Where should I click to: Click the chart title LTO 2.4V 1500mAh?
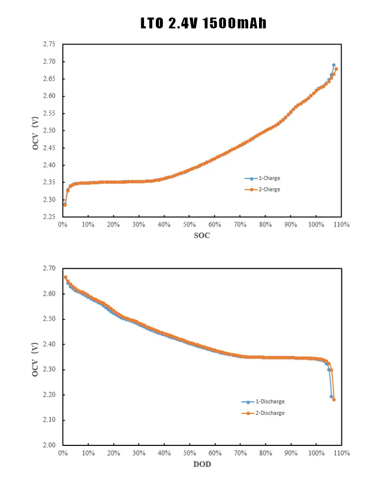(203, 23)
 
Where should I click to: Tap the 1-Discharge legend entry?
(268, 401)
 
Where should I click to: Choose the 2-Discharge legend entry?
(268, 413)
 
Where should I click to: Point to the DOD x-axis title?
(202, 464)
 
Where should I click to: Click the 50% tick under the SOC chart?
(189, 225)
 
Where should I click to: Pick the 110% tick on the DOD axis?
(341, 453)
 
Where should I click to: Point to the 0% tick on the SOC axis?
(62, 225)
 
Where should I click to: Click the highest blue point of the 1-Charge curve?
(334, 65)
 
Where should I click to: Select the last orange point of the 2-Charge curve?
(336, 69)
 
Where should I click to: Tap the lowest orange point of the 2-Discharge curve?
(334, 399)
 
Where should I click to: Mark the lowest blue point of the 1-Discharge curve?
(331, 396)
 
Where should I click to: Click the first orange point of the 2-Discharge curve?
(66, 277)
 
